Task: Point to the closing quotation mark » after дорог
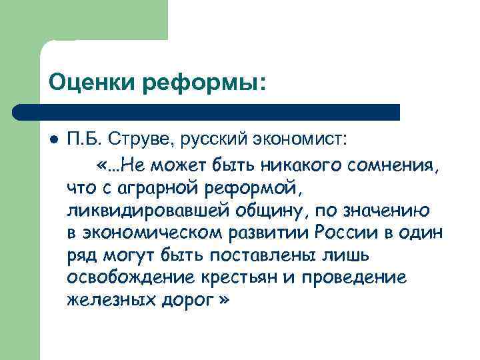point(223,301)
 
